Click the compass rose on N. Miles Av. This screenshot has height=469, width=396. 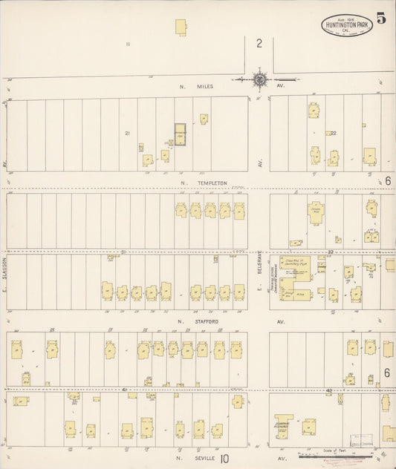pos(260,79)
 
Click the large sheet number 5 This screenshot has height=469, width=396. pos(380,19)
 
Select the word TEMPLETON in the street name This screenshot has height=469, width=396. pos(212,183)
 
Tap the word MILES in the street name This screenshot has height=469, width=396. pos(206,87)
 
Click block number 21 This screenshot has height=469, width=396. pos(127,133)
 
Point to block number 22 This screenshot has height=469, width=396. pos(334,133)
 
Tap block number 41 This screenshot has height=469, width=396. pos(126,388)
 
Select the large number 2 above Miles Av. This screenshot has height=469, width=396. pos(260,44)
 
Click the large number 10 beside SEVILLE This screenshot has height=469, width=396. pos(224,459)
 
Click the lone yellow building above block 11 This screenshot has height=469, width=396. pos(181,27)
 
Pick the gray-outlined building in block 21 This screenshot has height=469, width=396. pos(180,134)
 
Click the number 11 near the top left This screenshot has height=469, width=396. pos(128,45)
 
